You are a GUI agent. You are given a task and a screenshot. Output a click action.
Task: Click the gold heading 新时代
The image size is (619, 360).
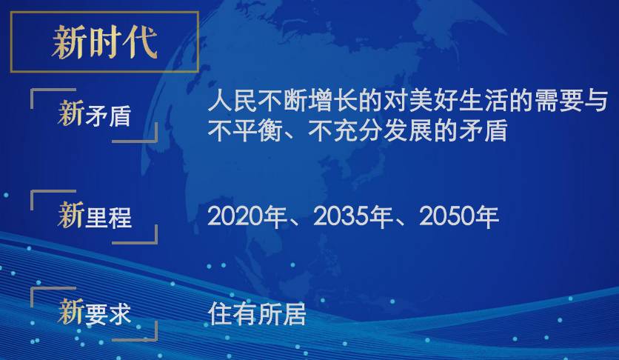coord(104,42)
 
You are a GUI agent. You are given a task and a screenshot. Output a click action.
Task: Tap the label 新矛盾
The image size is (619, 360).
coord(94,113)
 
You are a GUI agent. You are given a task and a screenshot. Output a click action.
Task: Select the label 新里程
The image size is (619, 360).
coord(94,215)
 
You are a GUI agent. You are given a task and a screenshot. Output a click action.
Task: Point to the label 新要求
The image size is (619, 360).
coord(94,312)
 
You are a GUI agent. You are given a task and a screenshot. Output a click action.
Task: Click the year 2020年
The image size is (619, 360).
coord(247,217)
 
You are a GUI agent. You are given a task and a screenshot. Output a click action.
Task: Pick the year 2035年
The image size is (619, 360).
coord(353,217)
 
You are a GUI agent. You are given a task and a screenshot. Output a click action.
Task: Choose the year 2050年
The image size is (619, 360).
coord(459,217)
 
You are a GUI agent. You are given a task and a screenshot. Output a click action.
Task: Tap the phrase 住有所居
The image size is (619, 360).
coord(257,314)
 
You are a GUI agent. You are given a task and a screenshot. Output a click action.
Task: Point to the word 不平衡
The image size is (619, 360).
coord(245,130)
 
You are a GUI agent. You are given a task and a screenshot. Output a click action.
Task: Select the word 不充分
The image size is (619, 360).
coord(345,130)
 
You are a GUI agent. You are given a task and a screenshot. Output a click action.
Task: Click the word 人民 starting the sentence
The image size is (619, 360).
coord(233,101)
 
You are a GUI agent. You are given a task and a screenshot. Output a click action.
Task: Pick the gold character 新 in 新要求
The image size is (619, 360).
coord(70,311)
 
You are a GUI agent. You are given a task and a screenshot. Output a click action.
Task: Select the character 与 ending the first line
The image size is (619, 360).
coord(596,101)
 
